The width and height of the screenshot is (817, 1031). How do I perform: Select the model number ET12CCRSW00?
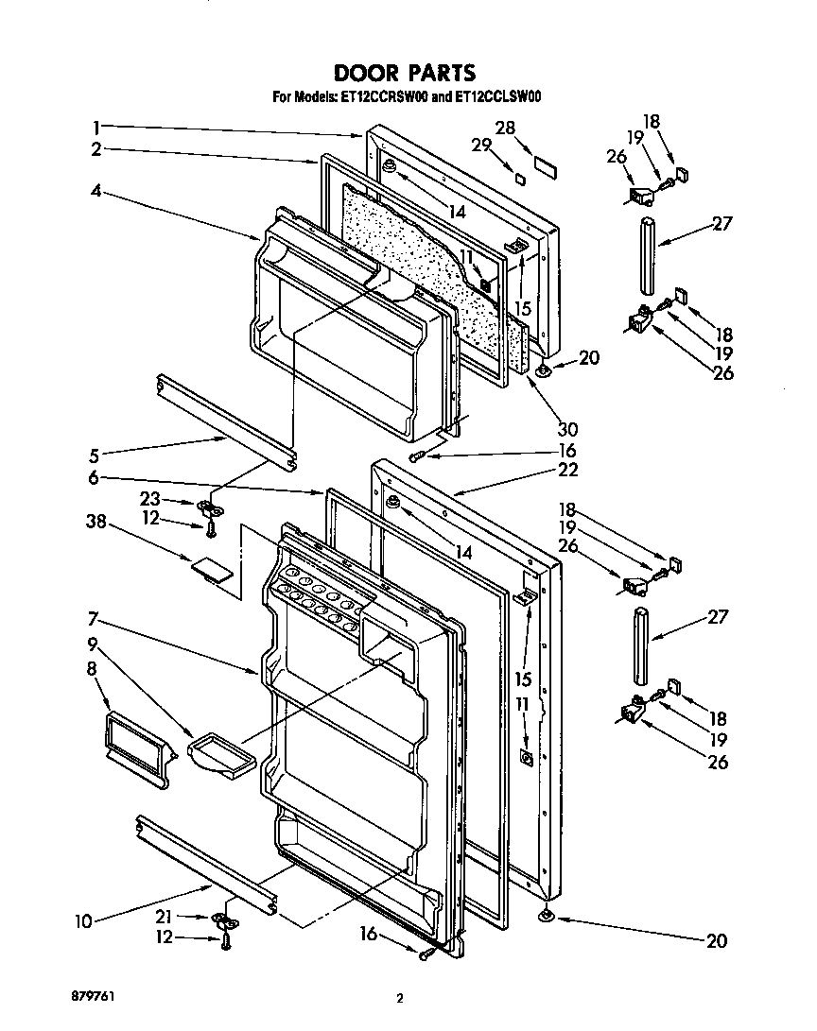[x=377, y=96]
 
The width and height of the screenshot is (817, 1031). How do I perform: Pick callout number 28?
[x=506, y=128]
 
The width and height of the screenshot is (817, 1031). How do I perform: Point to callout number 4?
[x=96, y=191]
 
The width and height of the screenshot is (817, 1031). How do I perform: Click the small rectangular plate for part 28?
[x=547, y=163]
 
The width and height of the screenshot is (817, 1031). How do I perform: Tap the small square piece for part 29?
[x=520, y=178]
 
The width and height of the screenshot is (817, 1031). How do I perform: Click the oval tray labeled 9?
[x=224, y=755]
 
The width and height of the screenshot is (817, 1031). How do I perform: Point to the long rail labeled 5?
[x=227, y=419]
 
